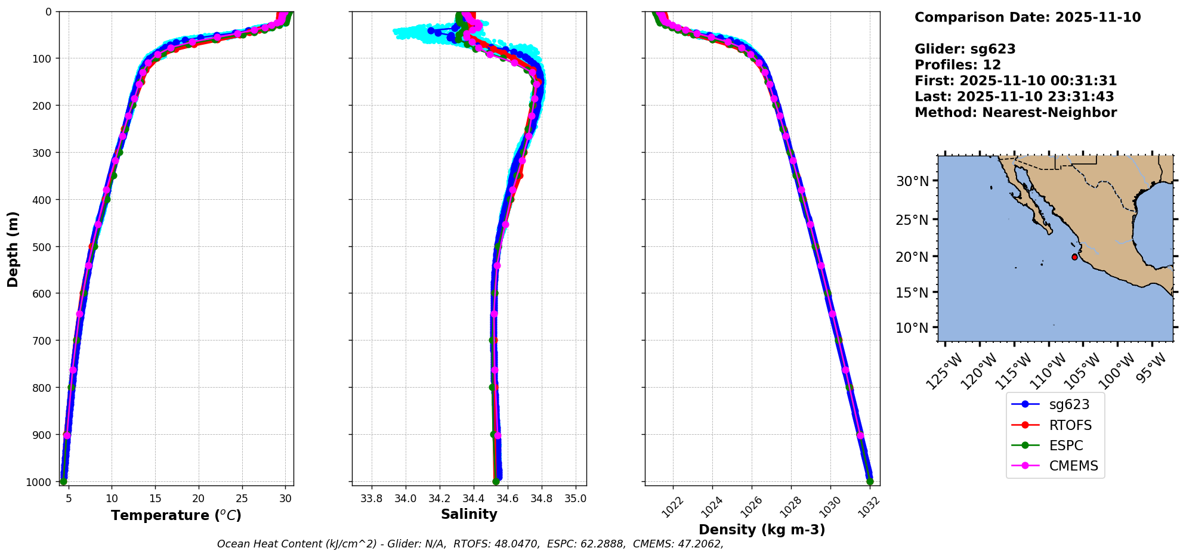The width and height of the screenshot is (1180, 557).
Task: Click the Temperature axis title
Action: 176,515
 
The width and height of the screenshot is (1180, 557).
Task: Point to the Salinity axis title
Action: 469,514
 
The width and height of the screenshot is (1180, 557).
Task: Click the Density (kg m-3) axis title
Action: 762,530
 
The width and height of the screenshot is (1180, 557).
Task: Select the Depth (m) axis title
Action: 13,249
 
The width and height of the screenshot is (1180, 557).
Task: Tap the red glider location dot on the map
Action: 1074,257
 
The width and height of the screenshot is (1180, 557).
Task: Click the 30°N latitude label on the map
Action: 912,181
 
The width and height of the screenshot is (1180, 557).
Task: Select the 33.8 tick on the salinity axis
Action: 372,499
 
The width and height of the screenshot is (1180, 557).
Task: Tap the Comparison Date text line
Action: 1027,17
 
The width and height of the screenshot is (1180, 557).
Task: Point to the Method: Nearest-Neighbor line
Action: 1015,113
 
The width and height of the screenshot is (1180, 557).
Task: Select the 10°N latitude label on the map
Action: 912,328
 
